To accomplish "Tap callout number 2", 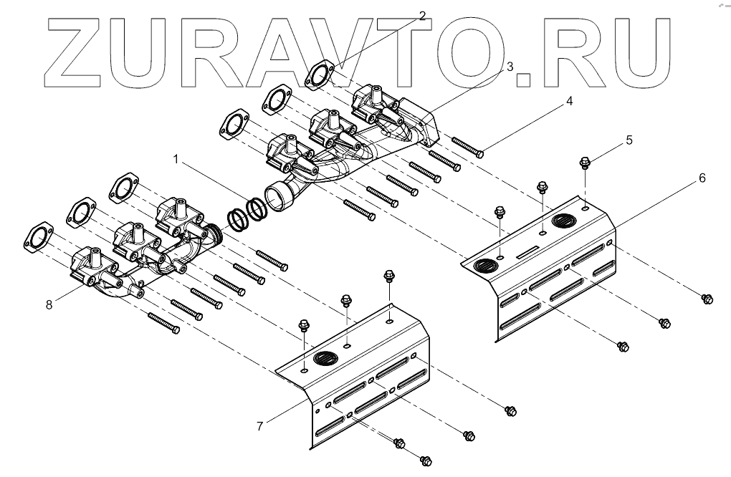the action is (422, 16).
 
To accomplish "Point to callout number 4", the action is (569, 101).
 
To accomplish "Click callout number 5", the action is (629, 140).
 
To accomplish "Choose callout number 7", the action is (259, 426).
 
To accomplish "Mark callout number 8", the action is (49, 304).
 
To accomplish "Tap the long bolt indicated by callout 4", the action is (467, 147).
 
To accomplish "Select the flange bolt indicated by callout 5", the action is (585, 162).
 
